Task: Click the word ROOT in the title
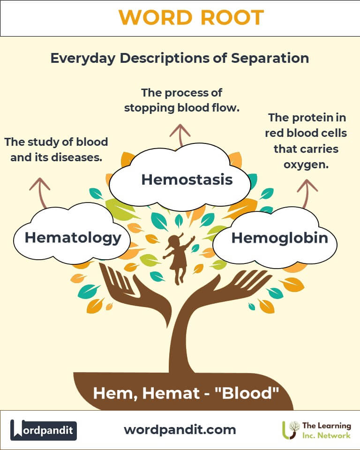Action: point(232,17)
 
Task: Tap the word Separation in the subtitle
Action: point(270,58)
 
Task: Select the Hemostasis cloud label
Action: point(187,180)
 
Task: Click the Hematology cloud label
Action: point(73,238)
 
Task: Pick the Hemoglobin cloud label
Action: point(280,238)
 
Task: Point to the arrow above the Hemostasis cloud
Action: point(180,135)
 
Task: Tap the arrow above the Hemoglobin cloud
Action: point(307,193)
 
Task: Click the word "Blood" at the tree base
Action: point(247,393)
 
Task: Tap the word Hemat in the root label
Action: point(171,393)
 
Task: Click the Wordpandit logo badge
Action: point(44,430)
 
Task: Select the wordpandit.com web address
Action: point(180,430)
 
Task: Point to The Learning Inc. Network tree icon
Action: point(291,430)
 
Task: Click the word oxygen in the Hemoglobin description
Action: point(306,165)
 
